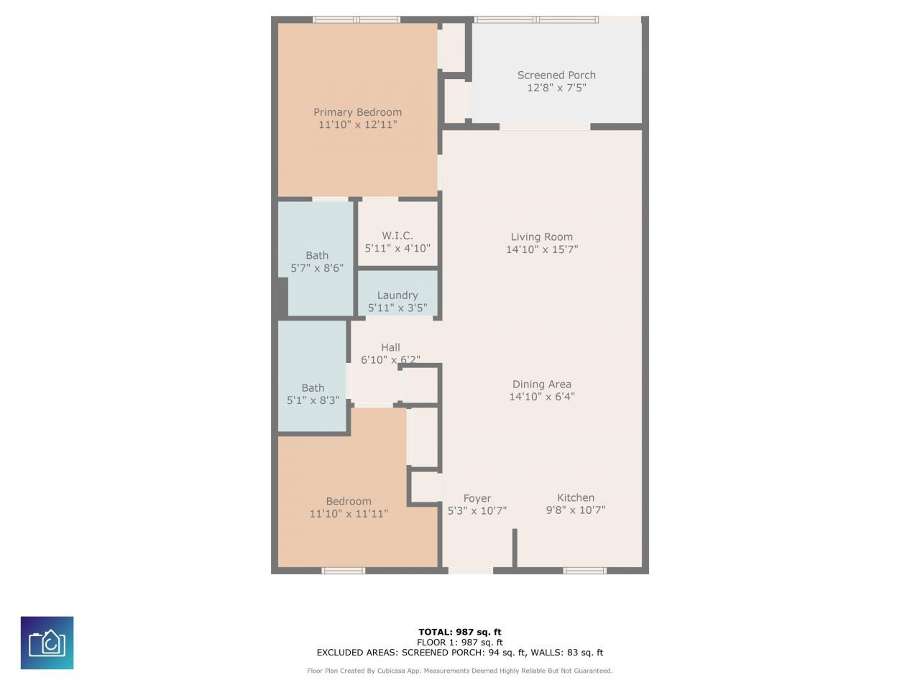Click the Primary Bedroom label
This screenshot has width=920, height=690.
coord(357,112)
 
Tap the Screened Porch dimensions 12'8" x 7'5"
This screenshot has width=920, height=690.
coord(556,88)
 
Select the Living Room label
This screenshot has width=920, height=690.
coord(541,237)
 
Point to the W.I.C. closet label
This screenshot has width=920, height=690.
coord(397,236)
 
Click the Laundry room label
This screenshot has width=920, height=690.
coord(397,296)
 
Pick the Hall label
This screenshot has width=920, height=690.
coord(390,347)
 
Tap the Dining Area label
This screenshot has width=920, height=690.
coord(541,384)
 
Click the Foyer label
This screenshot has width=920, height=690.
coord(477,499)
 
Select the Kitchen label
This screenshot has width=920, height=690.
coord(576,497)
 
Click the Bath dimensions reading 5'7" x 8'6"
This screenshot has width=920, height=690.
coord(317,268)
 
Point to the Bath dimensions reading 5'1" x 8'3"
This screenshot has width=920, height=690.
coord(313,400)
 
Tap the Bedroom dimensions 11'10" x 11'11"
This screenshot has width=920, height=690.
coord(349,514)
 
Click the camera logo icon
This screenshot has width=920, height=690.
coord(47,643)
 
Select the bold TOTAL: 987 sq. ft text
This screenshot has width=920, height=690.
coord(460,632)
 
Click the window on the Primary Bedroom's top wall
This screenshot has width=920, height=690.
coord(356,19)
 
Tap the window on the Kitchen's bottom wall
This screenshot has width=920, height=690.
coord(584,571)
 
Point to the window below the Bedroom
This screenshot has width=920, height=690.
coord(344,571)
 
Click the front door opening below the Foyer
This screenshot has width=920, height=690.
coord(470,571)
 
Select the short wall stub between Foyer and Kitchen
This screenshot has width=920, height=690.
coord(515,548)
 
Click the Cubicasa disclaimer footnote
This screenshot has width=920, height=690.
coord(460,671)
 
